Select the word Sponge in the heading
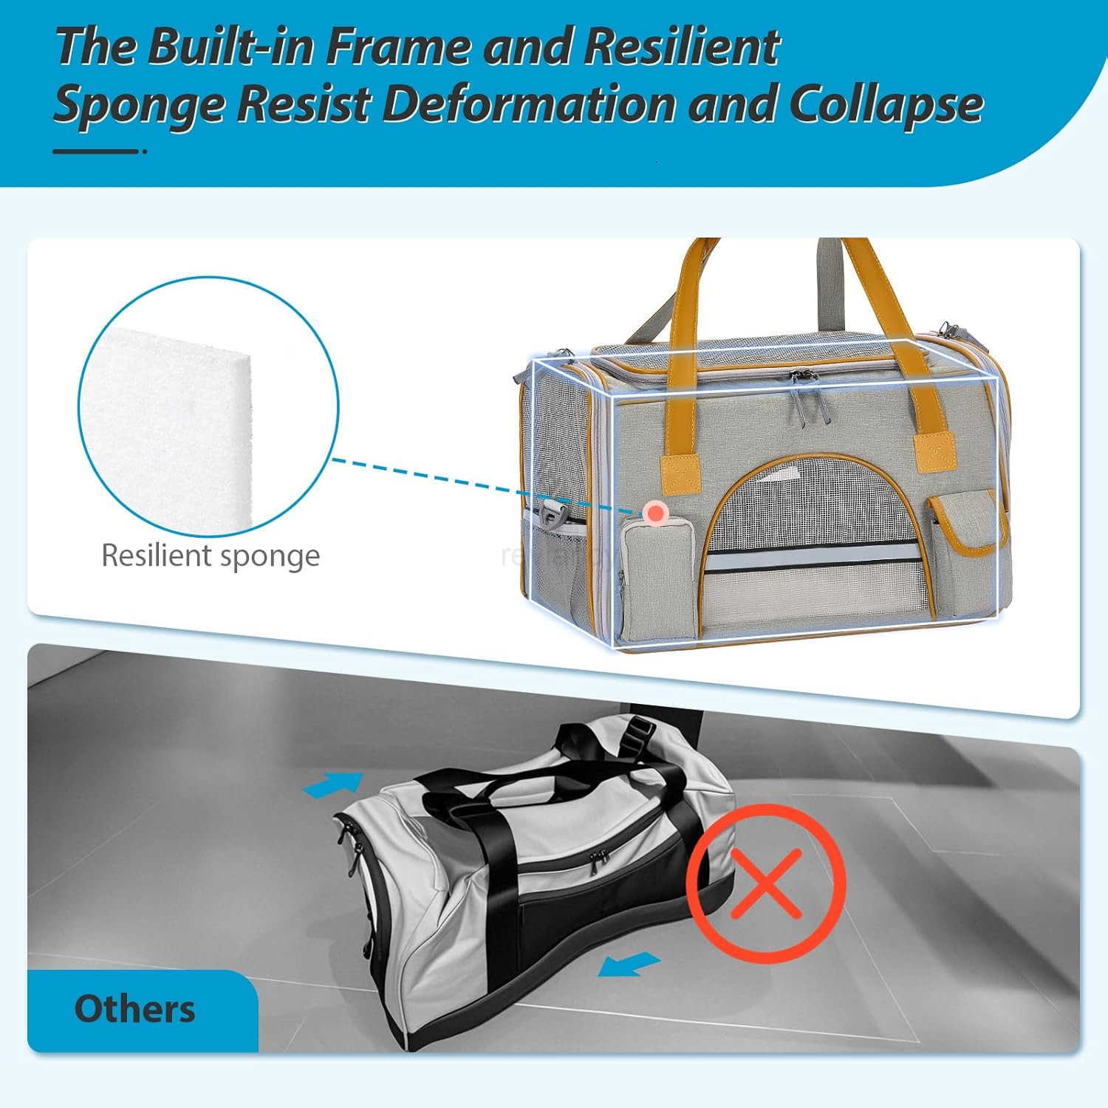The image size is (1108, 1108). [139, 105]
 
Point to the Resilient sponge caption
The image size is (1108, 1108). [210, 555]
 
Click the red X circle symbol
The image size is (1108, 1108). [766, 883]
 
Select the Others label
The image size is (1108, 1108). [134, 1009]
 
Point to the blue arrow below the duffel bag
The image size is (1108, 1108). [628, 963]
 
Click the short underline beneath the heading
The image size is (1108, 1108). [97, 151]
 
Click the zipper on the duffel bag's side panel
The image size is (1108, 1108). [597, 857]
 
